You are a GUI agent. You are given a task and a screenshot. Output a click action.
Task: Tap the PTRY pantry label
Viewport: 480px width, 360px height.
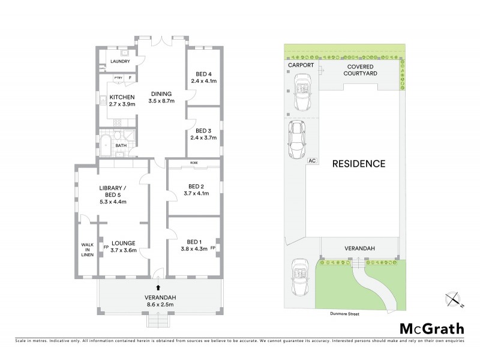tap(119, 79)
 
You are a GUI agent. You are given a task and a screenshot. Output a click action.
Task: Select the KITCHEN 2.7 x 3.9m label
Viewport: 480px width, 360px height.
tap(122, 100)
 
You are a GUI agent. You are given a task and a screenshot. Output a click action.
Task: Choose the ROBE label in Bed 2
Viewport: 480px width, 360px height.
tap(194, 163)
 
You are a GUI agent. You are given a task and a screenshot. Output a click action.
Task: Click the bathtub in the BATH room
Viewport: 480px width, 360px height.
tap(106, 145)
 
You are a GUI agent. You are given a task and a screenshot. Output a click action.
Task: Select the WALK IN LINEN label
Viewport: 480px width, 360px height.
tap(88, 250)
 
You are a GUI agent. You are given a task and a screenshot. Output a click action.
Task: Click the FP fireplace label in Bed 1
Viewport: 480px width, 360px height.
tap(213, 247)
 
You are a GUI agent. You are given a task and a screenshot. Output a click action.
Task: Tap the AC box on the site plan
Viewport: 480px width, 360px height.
tap(311, 161)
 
